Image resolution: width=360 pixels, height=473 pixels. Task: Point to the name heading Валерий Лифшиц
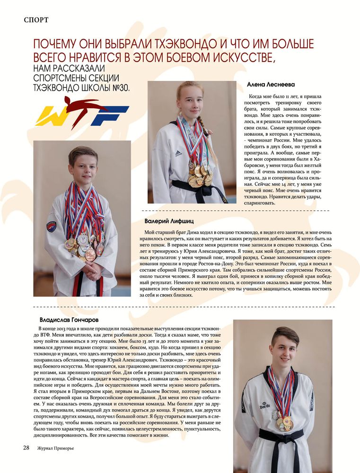point(169,221)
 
